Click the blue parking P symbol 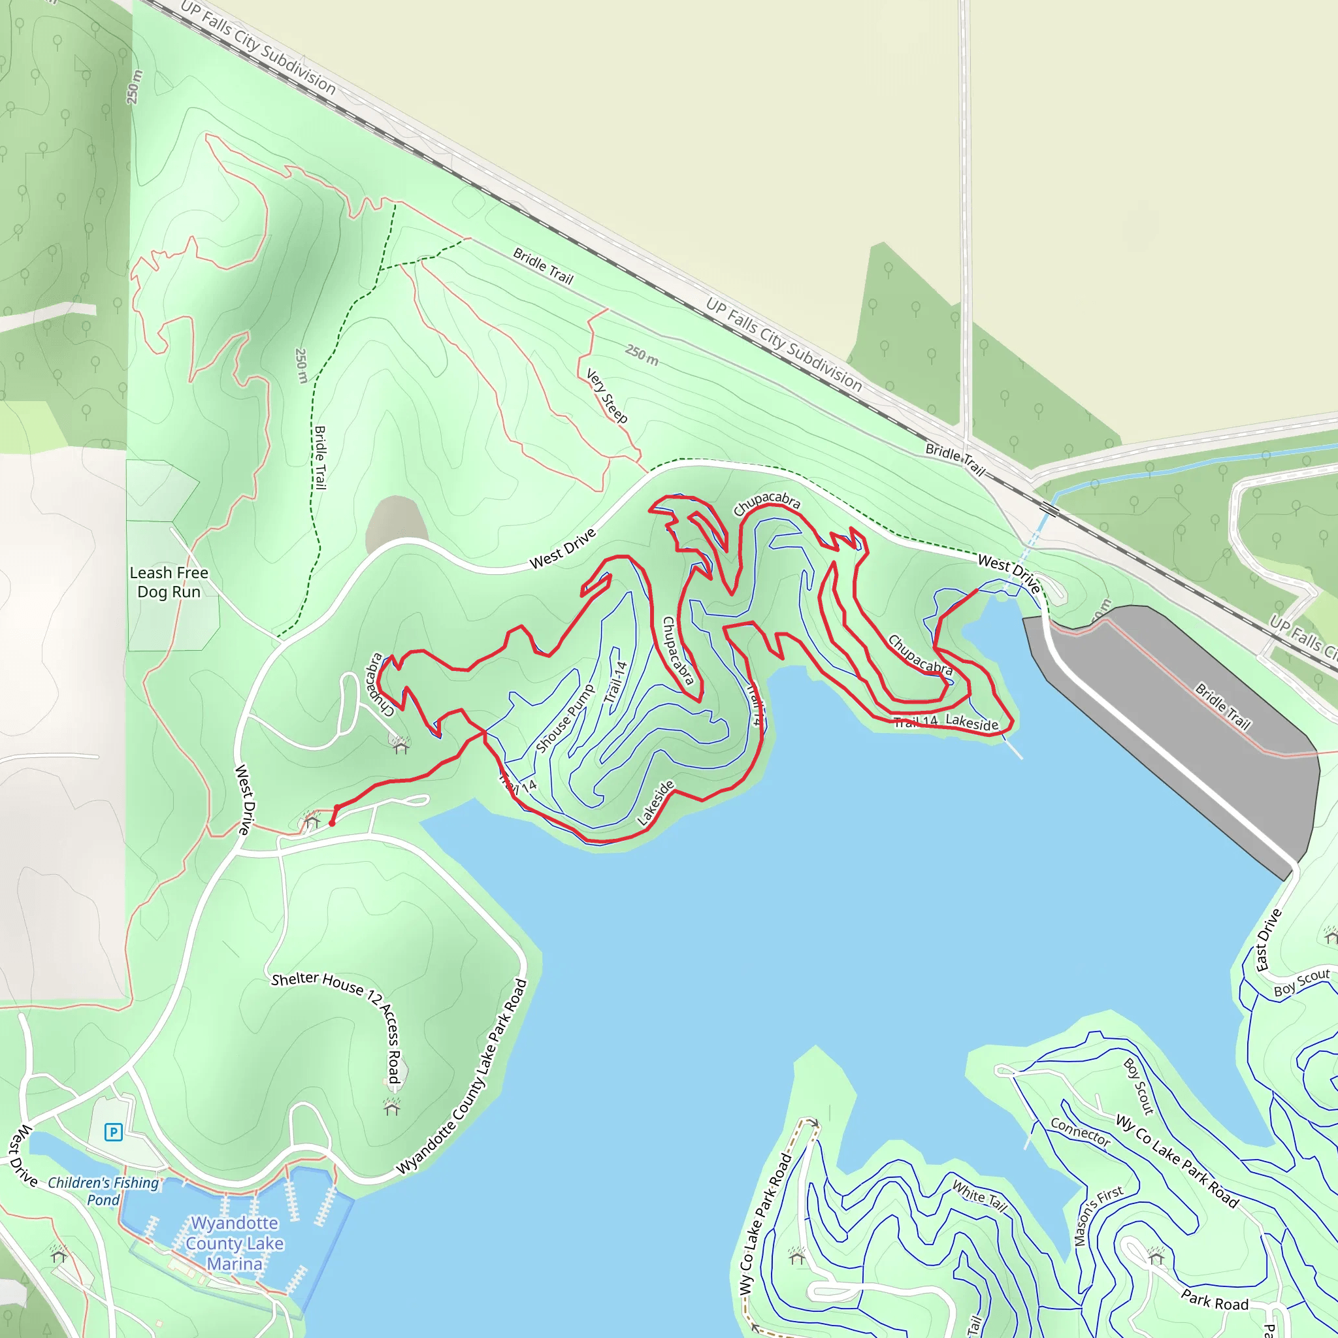pos(113,1132)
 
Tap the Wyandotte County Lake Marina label pos(235,1243)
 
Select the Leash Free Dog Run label pos(169,581)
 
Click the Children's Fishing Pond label pos(103,1190)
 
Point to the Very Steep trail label pos(607,396)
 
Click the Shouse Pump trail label pos(565,718)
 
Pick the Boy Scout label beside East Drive pos(1302,982)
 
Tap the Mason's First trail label pos(1098,1215)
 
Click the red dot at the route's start pos(333,823)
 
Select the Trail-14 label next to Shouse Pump pos(615,682)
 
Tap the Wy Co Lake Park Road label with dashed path pos(764,1223)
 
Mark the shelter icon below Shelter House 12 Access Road pos(392,1107)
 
